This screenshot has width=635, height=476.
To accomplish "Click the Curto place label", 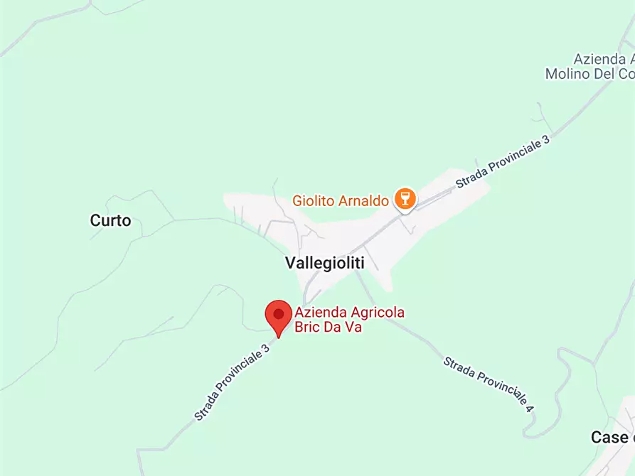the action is coord(110,220).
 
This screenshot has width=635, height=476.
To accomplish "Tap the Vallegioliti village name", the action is coord(324,263).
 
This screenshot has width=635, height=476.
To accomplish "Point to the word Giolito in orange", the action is coord(313,201).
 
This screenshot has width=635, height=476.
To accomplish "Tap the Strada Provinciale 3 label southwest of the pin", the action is coord(233,382).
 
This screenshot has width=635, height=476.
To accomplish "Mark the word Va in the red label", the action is coord(354,328).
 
